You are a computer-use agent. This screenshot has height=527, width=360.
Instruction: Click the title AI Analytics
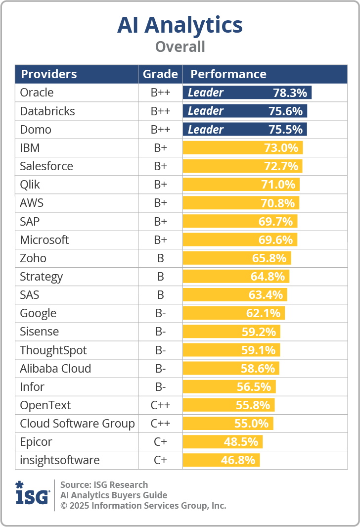click(x=180, y=25)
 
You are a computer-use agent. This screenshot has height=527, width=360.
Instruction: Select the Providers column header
click(x=48, y=74)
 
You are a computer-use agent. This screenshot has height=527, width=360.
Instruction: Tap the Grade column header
click(x=160, y=74)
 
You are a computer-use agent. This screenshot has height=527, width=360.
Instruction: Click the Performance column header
click(x=228, y=74)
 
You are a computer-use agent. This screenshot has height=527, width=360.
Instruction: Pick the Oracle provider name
click(x=37, y=93)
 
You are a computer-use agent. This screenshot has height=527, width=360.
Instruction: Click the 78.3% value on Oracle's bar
click(x=290, y=93)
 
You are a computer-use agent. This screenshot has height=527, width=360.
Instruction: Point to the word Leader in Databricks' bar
click(x=206, y=111)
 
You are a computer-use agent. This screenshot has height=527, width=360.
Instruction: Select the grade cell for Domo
click(x=160, y=130)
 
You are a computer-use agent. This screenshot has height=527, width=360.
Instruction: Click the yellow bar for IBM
click(x=242, y=148)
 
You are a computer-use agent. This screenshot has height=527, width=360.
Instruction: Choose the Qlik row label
click(x=30, y=185)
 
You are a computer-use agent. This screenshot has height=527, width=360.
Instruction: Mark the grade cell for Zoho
click(x=160, y=258)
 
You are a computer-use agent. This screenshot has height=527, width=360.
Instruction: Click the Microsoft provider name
click(x=45, y=240)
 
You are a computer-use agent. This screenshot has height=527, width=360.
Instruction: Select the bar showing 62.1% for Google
click(x=233, y=313)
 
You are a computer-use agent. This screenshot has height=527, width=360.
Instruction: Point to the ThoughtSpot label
click(x=53, y=350)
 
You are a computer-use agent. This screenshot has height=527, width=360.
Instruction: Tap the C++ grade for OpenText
click(x=160, y=405)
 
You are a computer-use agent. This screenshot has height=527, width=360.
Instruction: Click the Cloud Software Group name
click(x=77, y=424)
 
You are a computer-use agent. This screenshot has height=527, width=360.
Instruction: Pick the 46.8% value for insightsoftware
click(x=238, y=461)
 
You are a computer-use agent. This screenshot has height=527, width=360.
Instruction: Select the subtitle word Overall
click(x=180, y=47)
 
